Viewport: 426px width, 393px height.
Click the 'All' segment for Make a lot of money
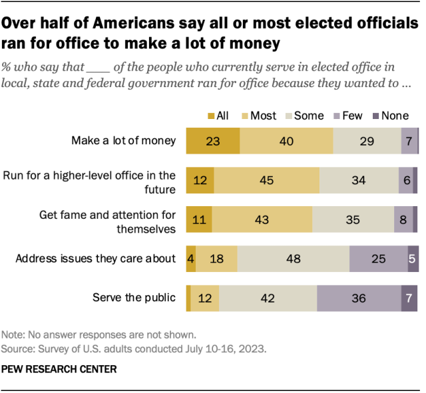[x=213, y=140]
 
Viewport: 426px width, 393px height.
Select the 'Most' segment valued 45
[x=266, y=180]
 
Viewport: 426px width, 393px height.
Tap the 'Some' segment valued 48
[x=293, y=259]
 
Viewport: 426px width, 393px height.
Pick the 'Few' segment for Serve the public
[x=359, y=299]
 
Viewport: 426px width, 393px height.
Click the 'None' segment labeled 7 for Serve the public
[x=409, y=299]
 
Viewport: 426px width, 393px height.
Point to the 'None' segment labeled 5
[x=413, y=259]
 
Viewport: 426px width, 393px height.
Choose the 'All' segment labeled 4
[x=191, y=259]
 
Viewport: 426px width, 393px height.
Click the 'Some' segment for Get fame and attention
[x=353, y=219]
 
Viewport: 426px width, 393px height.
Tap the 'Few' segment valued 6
[x=405, y=180]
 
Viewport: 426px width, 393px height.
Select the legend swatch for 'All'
[x=210, y=116]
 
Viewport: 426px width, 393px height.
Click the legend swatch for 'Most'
[x=244, y=116]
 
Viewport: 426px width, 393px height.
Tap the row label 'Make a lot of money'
[x=124, y=140]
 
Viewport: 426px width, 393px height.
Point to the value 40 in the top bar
[x=286, y=140]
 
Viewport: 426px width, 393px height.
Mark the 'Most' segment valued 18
[x=216, y=259]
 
